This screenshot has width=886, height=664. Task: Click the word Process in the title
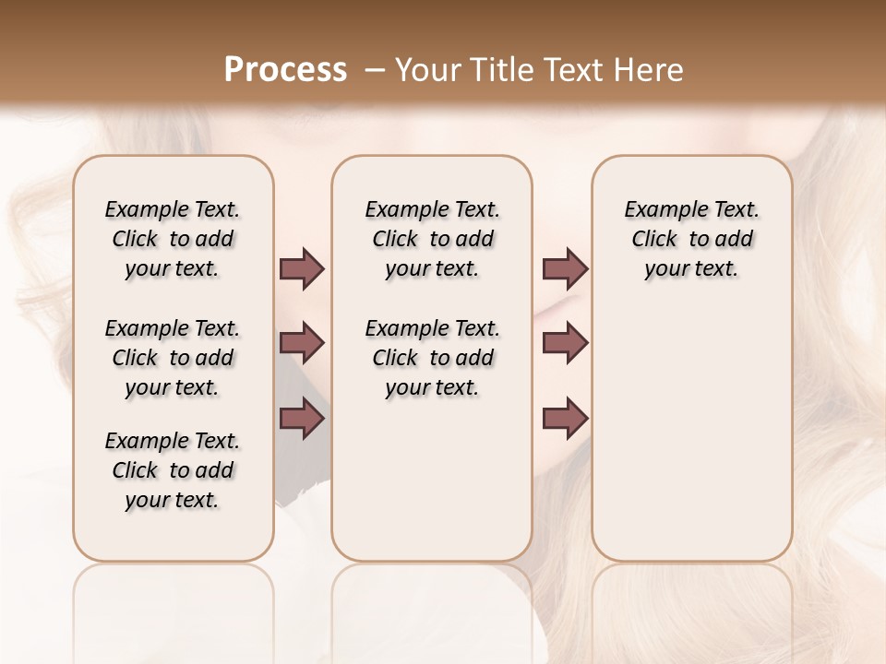[x=285, y=70]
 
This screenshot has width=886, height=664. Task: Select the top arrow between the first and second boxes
[x=302, y=268]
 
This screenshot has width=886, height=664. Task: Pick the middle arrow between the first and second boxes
[x=302, y=343]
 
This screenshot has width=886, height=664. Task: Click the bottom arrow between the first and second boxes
[x=302, y=418]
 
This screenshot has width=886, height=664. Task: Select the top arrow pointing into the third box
[x=565, y=268]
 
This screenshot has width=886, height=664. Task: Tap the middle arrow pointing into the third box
[x=565, y=343]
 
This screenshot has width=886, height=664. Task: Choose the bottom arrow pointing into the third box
[x=565, y=418]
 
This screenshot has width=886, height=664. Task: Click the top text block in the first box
[x=173, y=239]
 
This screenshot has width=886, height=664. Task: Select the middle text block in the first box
[x=173, y=358]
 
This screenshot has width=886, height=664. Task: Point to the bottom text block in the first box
[x=173, y=470]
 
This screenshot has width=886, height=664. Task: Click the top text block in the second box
[x=432, y=239]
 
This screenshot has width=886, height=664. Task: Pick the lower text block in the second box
[x=432, y=358]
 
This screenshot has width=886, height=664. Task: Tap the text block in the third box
[x=691, y=239]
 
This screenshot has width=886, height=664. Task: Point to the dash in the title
[x=375, y=70]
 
